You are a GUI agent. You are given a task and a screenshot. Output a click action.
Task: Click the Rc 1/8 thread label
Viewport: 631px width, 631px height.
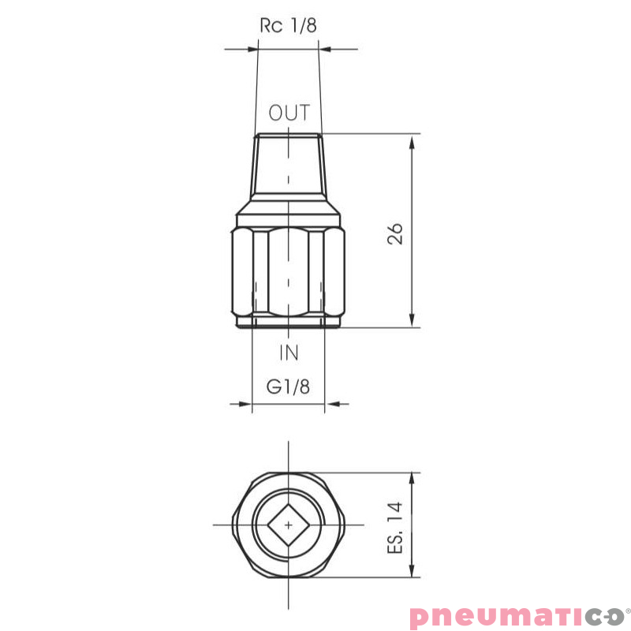point(288,25)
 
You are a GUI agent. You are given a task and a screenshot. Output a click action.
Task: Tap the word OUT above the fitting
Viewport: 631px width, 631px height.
point(289,113)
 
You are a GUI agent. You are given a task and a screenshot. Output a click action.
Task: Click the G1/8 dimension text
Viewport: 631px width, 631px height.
point(288,386)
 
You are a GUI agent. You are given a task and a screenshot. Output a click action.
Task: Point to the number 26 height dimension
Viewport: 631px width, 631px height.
point(396,233)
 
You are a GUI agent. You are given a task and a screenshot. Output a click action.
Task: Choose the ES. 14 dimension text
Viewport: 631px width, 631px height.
point(396,527)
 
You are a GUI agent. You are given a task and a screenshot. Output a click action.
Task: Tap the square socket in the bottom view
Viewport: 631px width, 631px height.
point(289,524)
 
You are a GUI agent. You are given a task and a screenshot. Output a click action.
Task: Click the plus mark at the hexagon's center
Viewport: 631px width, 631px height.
point(289,524)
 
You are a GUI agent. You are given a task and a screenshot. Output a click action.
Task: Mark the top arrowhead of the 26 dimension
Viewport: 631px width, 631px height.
point(413,140)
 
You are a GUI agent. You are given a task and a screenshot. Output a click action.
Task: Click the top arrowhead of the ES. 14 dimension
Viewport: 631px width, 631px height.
point(413,480)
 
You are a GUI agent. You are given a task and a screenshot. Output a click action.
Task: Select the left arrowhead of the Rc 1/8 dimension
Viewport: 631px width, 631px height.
point(252,50)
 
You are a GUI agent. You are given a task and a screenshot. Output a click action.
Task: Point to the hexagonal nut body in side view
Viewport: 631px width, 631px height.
point(289,268)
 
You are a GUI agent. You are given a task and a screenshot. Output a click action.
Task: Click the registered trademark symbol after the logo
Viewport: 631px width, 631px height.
point(627,608)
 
